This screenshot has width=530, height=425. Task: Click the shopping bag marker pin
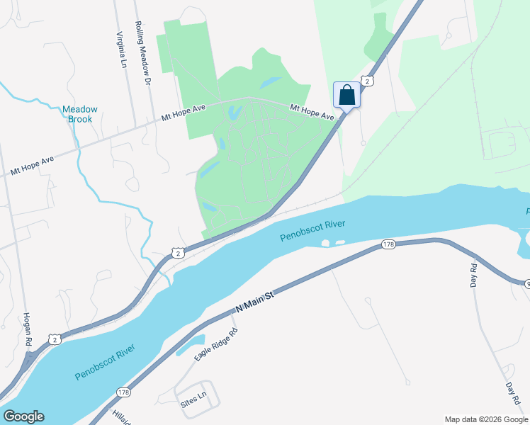click(x=346, y=94)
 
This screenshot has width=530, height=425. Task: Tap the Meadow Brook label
click(x=79, y=114)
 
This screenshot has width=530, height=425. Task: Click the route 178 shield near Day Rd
click(x=388, y=244)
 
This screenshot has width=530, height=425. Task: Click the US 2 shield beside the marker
click(x=366, y=81)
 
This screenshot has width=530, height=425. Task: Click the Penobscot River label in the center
click(x=312, y=231)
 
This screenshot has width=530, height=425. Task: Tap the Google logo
click(x=23, y=416)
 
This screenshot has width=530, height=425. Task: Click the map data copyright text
click(x=486, y=419)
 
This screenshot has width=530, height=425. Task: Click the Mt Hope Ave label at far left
click(x=32, y=167)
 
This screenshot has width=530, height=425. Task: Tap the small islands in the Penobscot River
click(x=332, y=243)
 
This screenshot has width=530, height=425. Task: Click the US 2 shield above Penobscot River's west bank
click(x=177, y=252)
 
